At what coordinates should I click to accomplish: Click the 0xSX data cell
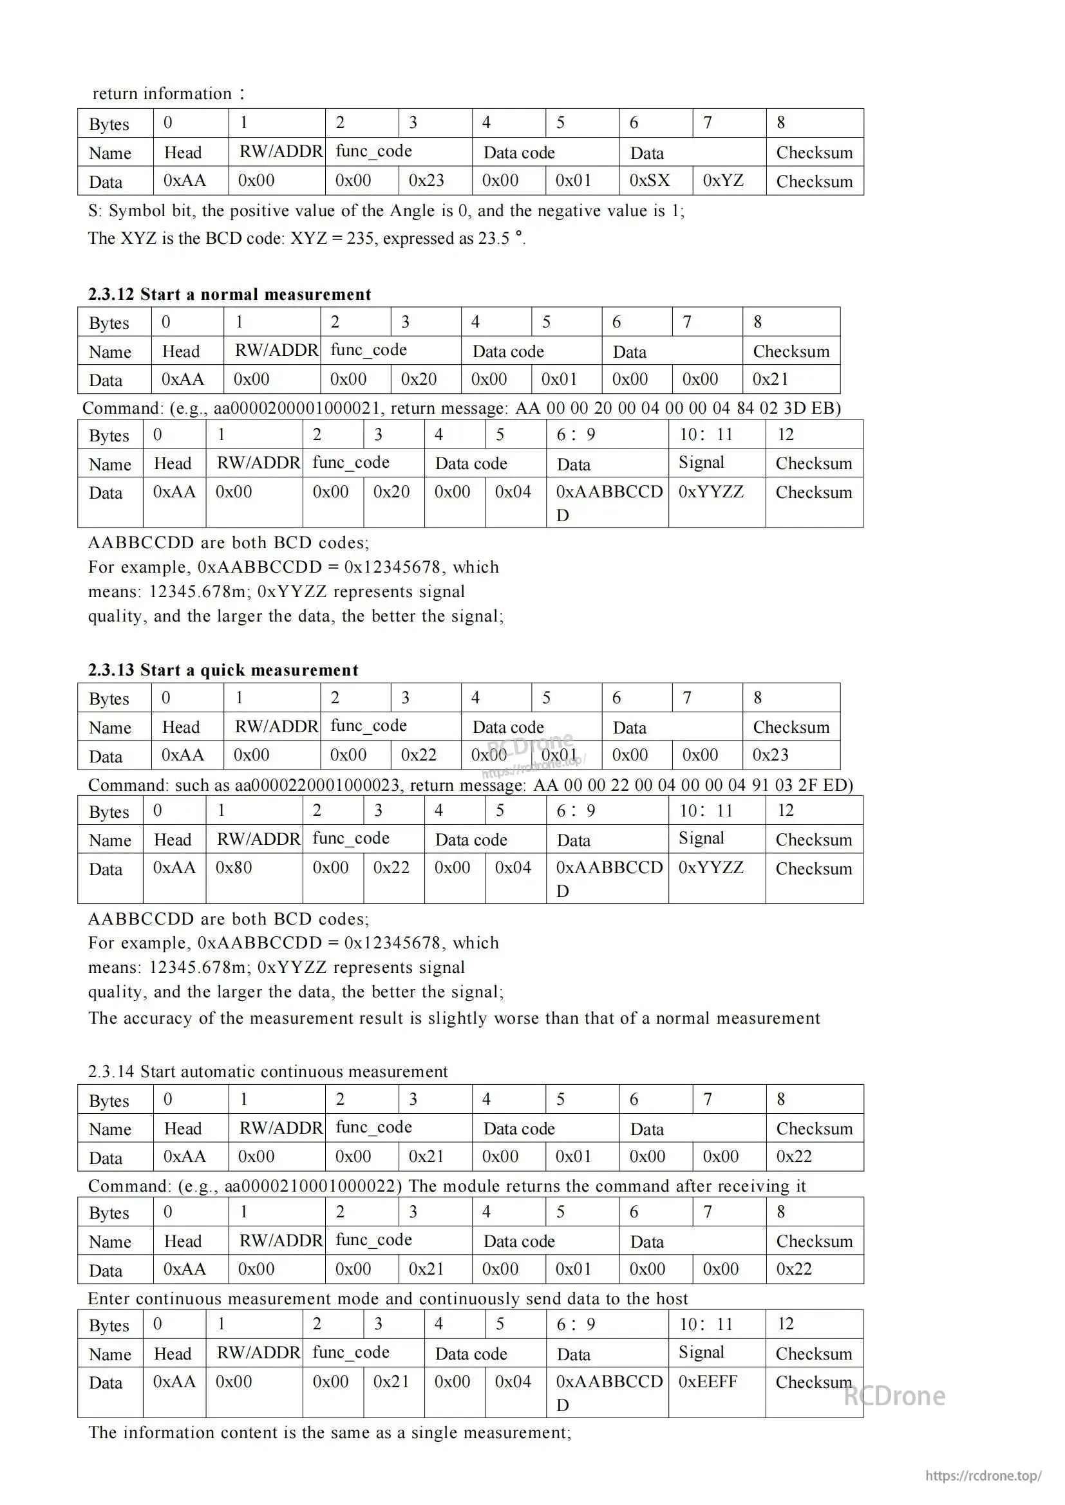(649, 180)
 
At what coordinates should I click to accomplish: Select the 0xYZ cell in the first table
(722, 180)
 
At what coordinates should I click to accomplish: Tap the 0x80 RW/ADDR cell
(234, 867)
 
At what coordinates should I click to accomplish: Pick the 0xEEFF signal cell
(708, 1381)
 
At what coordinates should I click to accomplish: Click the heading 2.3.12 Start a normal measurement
(229, 294)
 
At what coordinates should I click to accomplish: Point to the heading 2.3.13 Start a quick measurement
(223, 670)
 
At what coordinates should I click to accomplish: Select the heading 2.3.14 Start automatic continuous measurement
(268, 1071)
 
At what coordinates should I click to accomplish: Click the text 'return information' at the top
(162, 94)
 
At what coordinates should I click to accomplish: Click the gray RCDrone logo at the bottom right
(894, 1396)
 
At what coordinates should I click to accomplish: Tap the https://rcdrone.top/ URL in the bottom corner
(983, 1476)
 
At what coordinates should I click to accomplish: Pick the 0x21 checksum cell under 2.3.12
(770, 379)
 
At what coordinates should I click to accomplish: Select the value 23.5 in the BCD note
(494, 238)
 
